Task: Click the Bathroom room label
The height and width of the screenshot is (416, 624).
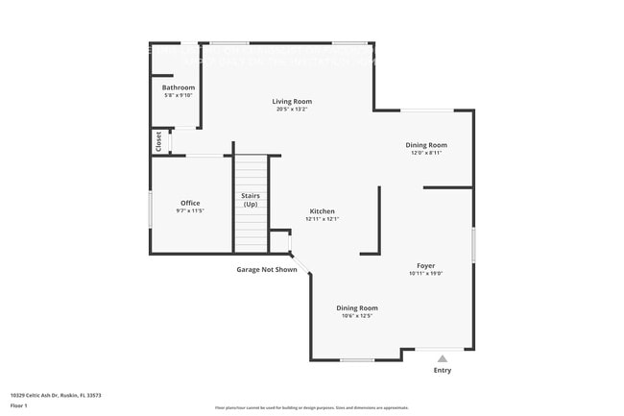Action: pyautogui.click(x=179, y=87)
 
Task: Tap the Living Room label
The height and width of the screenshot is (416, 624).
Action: pyautogui.click(x=292, y=101)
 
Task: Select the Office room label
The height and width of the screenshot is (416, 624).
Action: pyautogui.click(x=190, y=203)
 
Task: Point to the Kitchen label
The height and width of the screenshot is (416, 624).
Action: pyautogui.click(x=322, y=211)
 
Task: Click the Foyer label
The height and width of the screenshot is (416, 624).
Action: pyautogui.click(x=425, y=265)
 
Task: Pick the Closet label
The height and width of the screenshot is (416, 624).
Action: pyautogui.click(x=158, y=141)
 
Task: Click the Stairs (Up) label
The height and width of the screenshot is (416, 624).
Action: pyautogui.click(x=251, y=200)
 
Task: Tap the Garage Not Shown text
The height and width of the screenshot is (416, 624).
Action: pyautogui.click(x=267, y=270)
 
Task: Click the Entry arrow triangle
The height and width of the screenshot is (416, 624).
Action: pyautogui.click(x=443, y=357)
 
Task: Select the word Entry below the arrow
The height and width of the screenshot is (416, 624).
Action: pyautogui.click(x=443, y=370)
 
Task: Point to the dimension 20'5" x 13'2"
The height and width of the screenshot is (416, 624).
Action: pyautogui.click(x=292, y=109)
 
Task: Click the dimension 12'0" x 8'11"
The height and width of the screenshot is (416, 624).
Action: pyautogui.click(x=425, y=153)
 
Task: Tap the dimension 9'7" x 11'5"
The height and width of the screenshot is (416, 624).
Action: pyautogui.click(x=190, y=210)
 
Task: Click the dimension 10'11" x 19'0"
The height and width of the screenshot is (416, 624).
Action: pyautogui.click(x=425, y=273)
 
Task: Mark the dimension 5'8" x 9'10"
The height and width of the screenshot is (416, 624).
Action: pyautogui.click(x=179, y=95)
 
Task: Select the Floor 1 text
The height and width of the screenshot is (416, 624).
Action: pyautogui.click(x=19, y=407)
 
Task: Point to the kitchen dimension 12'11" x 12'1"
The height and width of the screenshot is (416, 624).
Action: pyautogui.click(x=322, y=219)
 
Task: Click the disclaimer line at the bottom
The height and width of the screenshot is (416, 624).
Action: pyautogui.click(x=311, y=407)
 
